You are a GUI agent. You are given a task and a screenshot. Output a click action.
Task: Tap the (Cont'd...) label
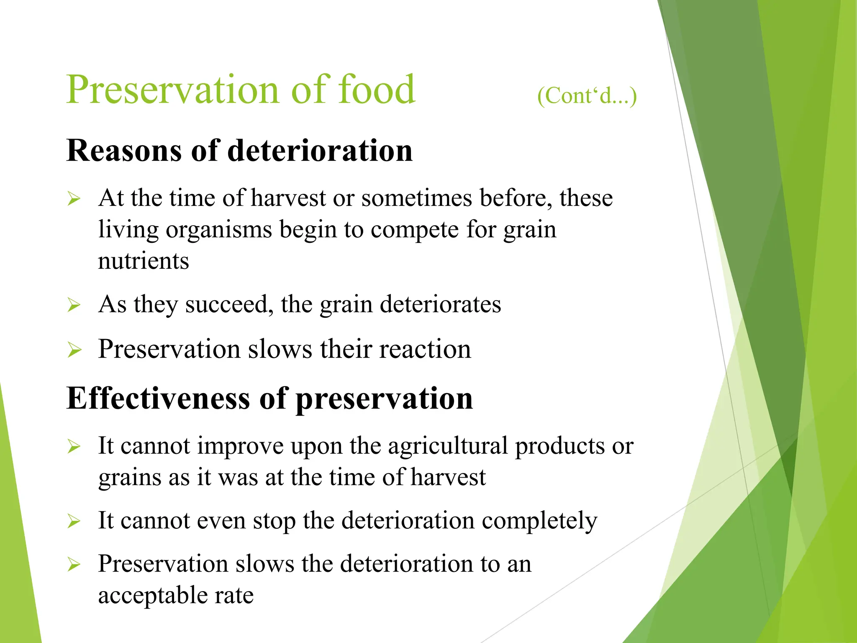click(587, 96)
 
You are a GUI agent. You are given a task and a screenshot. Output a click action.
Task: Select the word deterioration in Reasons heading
click(320, 151)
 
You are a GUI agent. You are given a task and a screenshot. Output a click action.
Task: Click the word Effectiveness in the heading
click(158, 399)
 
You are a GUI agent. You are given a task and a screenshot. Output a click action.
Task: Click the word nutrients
click(144, 261)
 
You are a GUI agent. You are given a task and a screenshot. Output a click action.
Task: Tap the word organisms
click(219, 230)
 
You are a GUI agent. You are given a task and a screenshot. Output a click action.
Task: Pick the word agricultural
click(448, 446)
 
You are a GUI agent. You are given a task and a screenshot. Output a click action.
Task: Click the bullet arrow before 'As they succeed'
click(74, 305)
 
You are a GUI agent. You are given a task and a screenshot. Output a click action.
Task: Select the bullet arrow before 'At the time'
click(74, 199)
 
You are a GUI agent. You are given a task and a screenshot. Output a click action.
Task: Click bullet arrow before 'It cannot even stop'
click(74, 522)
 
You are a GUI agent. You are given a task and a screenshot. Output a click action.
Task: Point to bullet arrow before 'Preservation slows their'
click(74, 350)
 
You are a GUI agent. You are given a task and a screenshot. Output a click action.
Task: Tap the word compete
click(415, 230)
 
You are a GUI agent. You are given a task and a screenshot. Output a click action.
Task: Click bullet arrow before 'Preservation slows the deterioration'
click(74, 565)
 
